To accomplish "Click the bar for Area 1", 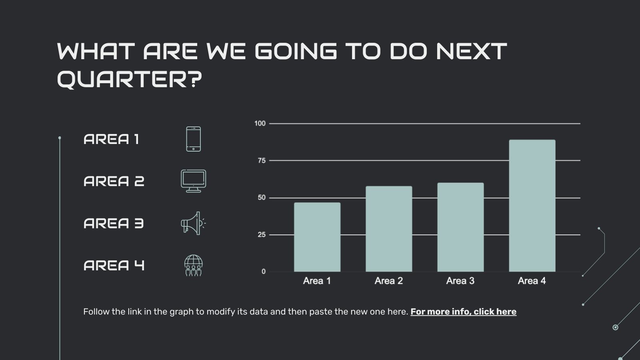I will [317, 237].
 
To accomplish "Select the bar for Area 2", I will [389, 229].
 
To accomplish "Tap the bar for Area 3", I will [460, 227].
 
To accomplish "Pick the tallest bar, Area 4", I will [532, 206].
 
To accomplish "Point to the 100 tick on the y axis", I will [260, 123].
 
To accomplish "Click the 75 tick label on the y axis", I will [262, 160].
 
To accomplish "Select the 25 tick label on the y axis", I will [262, 235].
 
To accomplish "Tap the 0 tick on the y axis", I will [264, 272].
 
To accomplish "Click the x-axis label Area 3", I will [460, 281].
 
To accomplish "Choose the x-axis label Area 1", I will [317, 281].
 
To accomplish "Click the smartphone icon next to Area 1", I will [194, 139].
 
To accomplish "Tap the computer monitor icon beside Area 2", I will [194, 181].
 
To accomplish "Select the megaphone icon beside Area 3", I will [193, 223].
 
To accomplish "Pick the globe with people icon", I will [194, 265].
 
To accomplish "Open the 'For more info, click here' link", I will [463, 312].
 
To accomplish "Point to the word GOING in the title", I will [296, 51].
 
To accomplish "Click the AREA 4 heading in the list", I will [114, 266].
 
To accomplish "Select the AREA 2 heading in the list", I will [114, 181].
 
